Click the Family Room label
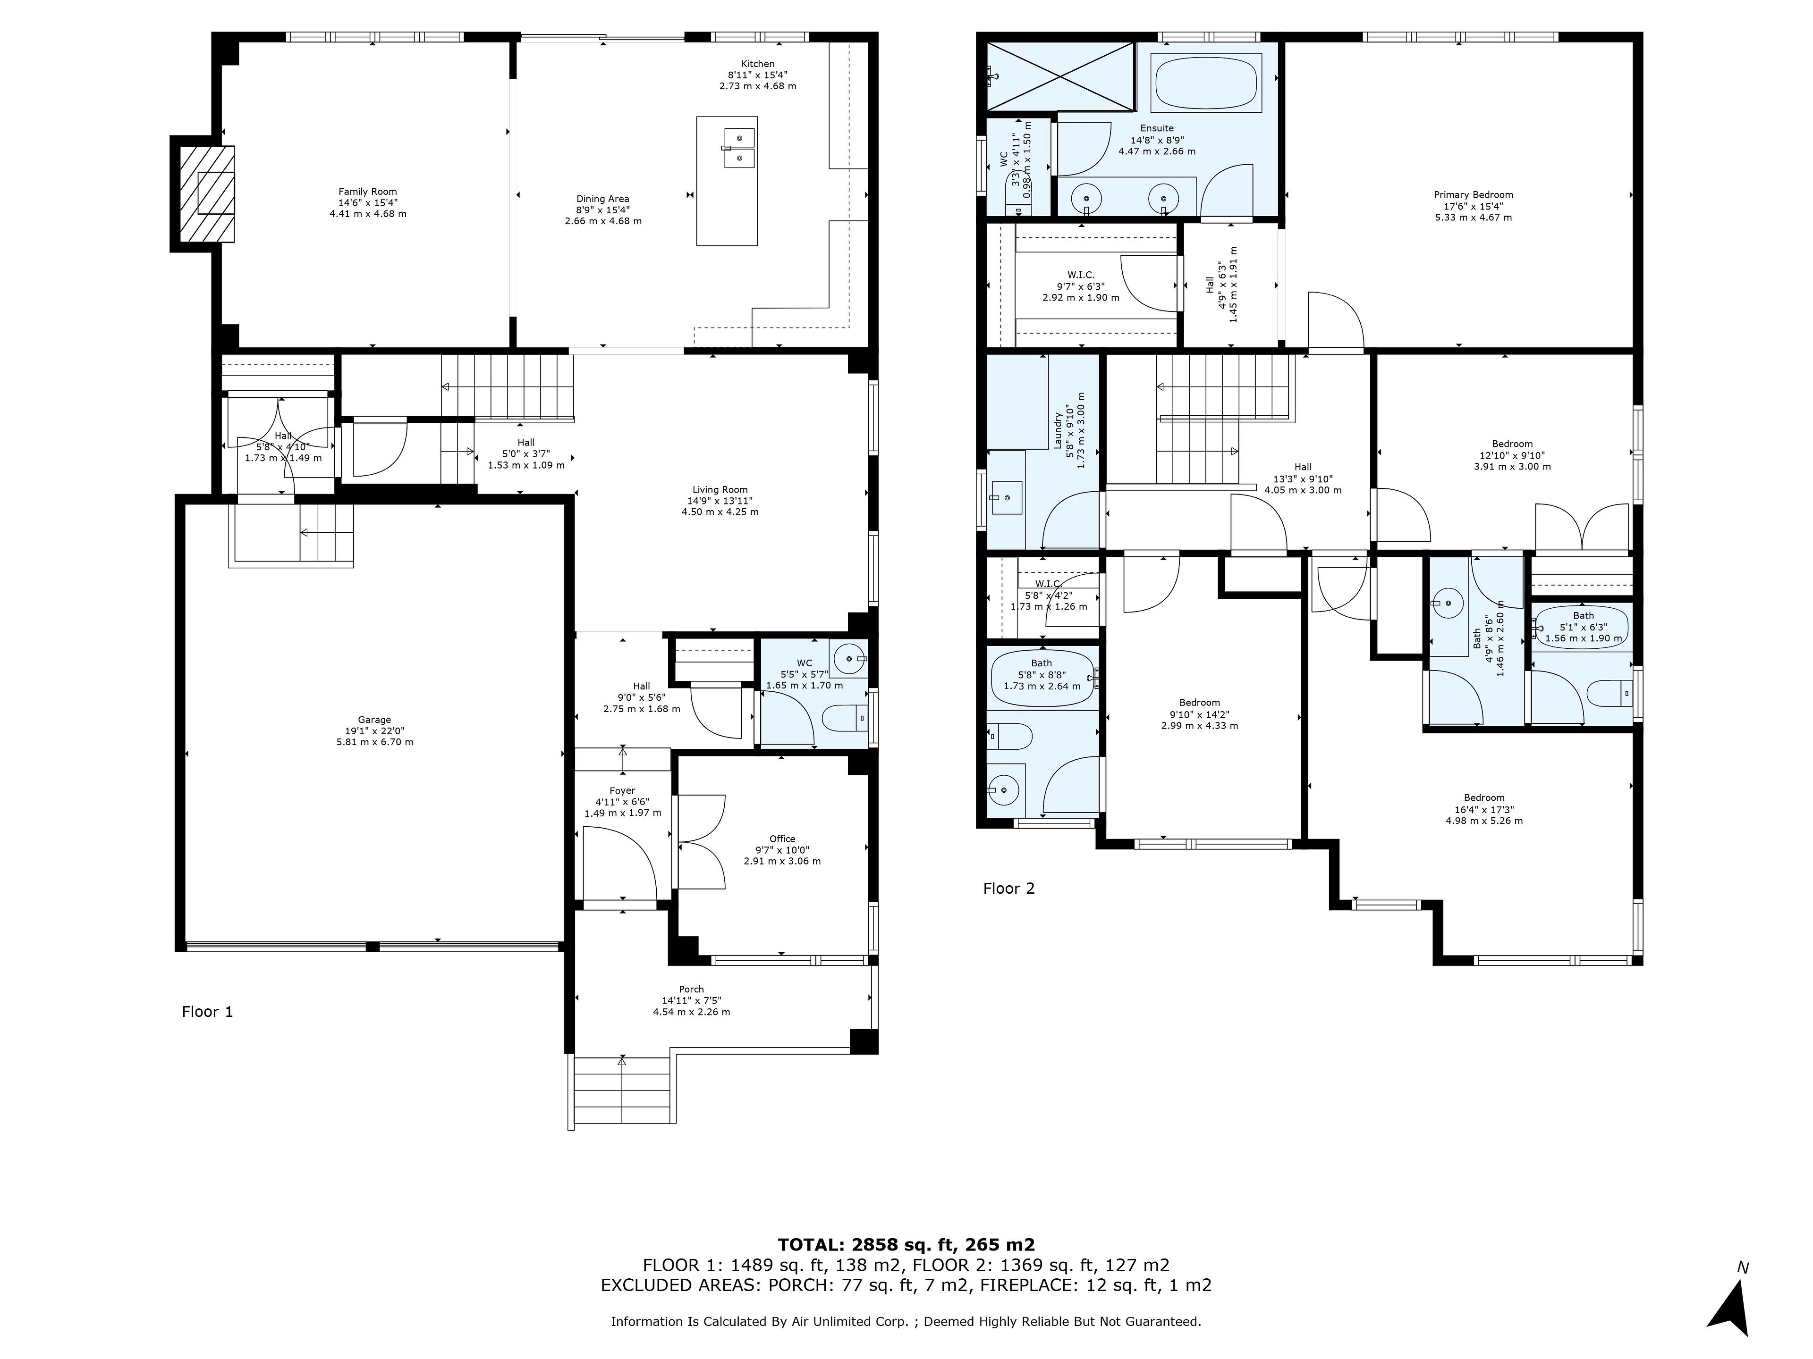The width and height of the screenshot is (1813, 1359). pos(368,202)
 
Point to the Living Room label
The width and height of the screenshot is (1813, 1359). pos(720,501)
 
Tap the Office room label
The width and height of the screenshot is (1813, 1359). pos(782,849)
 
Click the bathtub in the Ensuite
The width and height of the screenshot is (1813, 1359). pos(1206,83)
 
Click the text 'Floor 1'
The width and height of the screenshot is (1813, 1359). pos(207,1012)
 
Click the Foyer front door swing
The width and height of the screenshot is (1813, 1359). pos(620,864)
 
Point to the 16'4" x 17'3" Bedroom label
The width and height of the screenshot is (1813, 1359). pos(1483,808)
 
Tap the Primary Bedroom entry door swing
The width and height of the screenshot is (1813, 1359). pos(1336,320)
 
